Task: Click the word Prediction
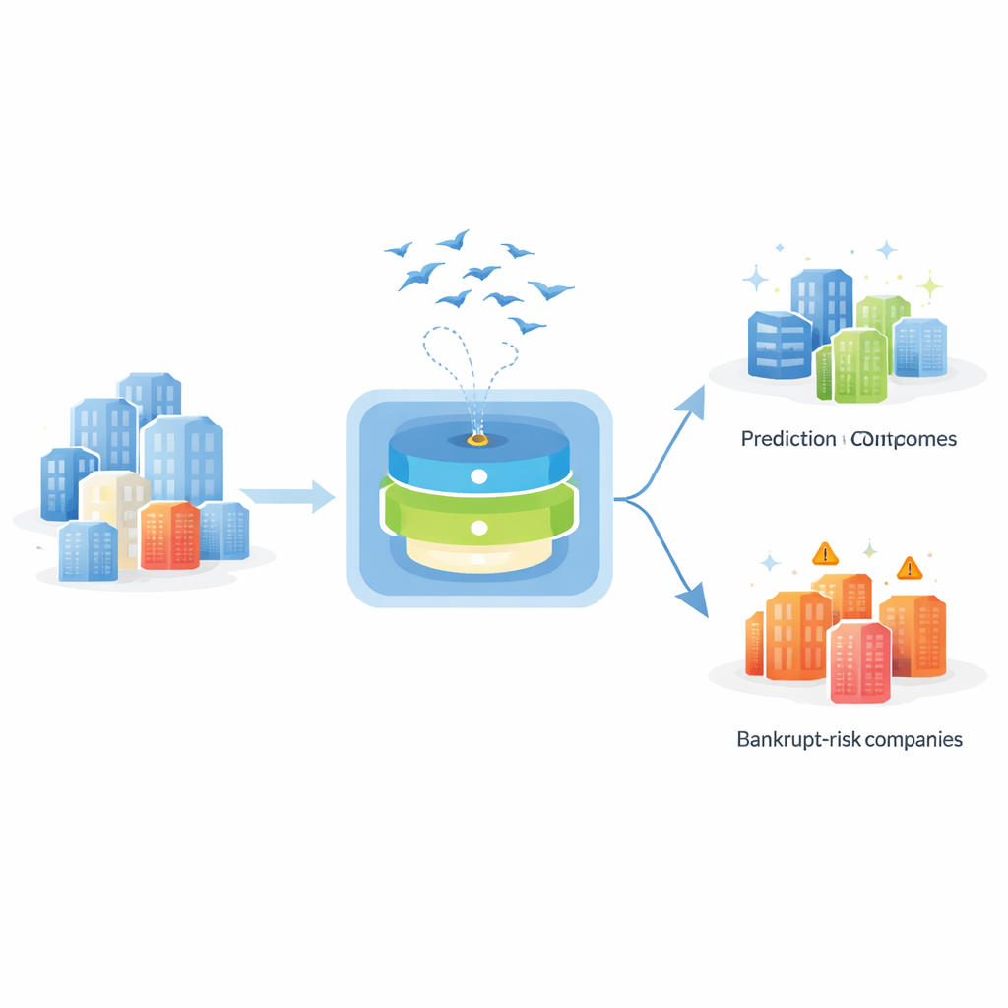787,439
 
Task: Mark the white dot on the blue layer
479,476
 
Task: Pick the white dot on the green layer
479,529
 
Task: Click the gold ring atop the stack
477,439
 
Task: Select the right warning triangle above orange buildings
909,567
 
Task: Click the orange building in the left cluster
169,535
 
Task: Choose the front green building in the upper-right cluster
859,365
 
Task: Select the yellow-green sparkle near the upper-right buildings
928,286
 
